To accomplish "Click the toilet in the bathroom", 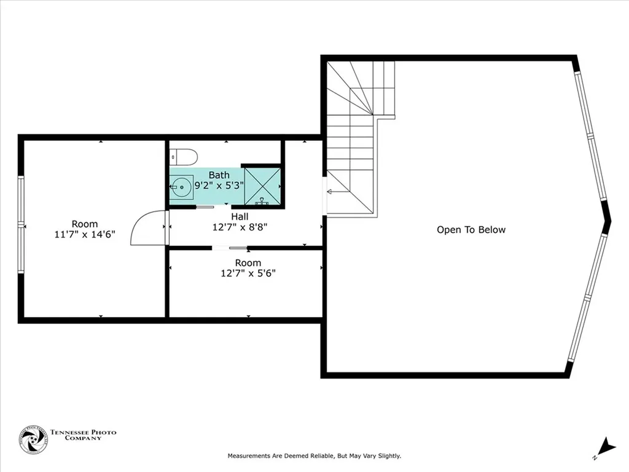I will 184,157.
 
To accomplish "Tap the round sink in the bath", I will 181,185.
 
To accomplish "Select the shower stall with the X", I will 263,186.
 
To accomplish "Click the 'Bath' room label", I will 219,175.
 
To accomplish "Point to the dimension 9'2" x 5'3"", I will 219,185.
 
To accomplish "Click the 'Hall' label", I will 240,216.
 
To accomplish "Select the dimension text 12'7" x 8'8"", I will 240,226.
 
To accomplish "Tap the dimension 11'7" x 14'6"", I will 85,234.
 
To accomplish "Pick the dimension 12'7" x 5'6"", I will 248,273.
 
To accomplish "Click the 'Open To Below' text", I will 471,230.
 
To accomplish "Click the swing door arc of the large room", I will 147,227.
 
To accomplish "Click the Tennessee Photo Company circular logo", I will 33,439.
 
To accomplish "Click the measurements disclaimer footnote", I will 314,456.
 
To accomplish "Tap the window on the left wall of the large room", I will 21,225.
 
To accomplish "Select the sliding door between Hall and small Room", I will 230,248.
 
